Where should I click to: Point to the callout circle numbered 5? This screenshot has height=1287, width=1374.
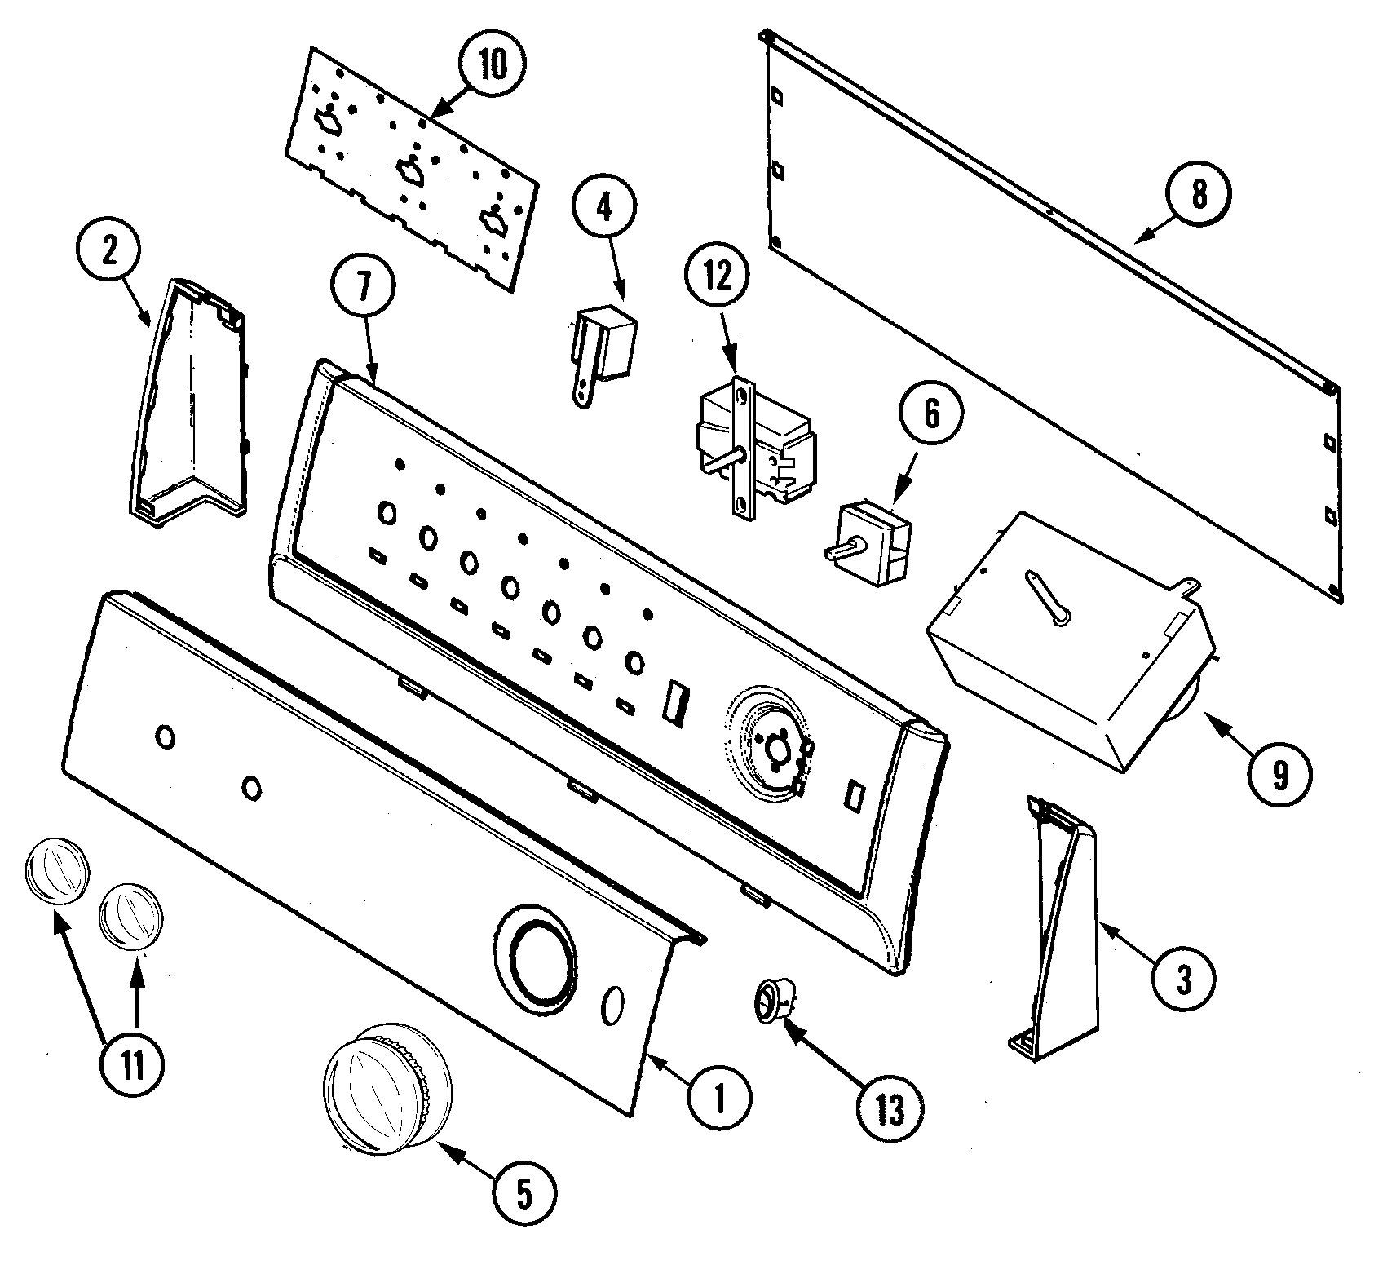click(x=523, y=1194)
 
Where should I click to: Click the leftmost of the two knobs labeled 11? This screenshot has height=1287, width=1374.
click(x=56, y=873)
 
